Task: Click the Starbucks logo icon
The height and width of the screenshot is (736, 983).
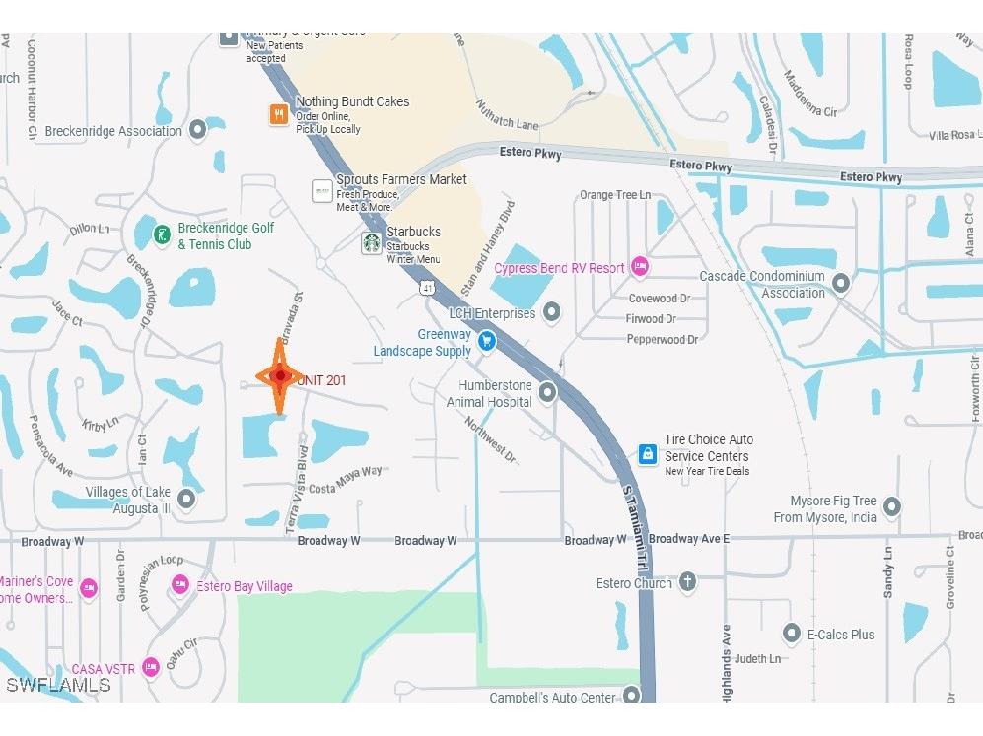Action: [x=371, y=242]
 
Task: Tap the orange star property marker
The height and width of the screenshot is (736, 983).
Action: [x=280, y=375]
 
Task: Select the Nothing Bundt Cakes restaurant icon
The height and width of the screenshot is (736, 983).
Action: [x=280, y=114]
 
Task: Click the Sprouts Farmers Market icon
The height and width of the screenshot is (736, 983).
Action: [x=321, y=190]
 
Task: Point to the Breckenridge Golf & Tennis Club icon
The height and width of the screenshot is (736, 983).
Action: [x=161, y=235]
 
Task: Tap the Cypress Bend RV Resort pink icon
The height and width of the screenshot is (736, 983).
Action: [x=640, y=267]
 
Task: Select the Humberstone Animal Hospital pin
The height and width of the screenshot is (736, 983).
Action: [x=547, y=392]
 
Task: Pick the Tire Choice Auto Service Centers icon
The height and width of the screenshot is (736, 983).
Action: [x=647, y=454]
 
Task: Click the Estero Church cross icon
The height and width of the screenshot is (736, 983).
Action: [x=687, y=582]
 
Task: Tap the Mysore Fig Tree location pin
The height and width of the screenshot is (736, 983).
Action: [x=892, y=507]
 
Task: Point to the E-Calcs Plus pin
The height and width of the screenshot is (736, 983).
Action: [x=791, y=634]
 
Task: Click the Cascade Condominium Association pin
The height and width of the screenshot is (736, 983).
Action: [x=841, y=284]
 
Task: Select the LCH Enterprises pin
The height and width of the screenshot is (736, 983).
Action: [x=552, y=313]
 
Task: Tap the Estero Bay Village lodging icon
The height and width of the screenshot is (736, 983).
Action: [x=179, y=585]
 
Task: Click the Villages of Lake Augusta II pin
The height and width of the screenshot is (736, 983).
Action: [x=185, y=500]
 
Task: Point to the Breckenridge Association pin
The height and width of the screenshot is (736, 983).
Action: [x=198, y=129]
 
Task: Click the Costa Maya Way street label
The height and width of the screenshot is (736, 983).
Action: [x=345, y=479]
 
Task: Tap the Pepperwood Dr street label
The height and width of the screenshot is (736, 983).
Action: [x=662, y=339]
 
